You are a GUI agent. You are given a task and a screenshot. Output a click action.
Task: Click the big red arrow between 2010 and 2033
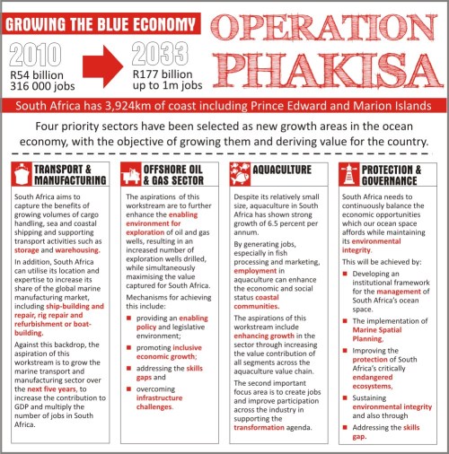99,65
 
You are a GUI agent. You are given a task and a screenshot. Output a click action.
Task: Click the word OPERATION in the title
328,29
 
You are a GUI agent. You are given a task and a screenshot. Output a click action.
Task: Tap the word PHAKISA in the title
328,70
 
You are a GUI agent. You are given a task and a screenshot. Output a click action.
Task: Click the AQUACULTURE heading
282,169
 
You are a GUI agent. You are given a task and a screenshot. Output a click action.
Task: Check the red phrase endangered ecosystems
388,381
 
